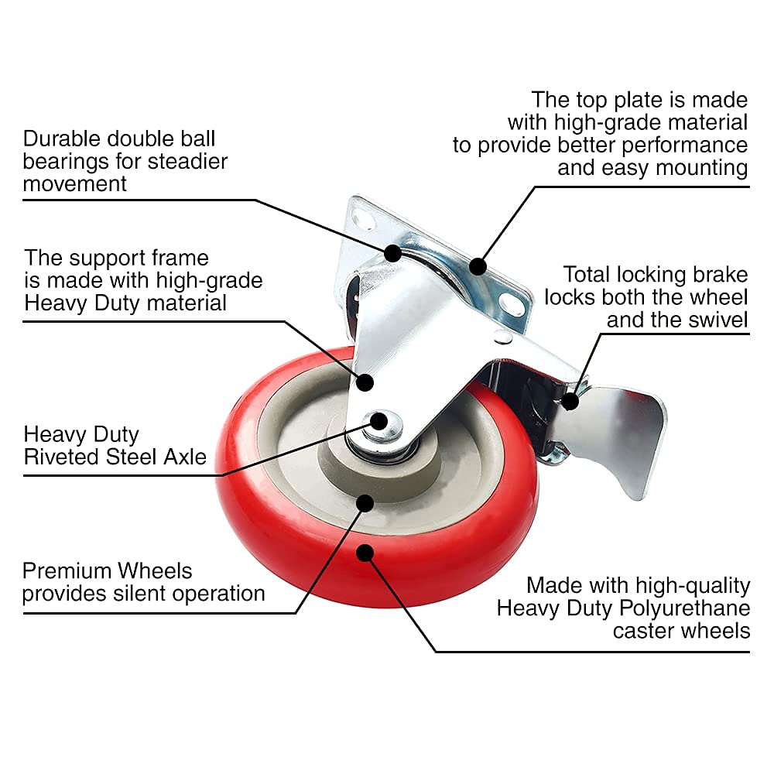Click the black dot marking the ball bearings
(393, 252)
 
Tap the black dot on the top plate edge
(478, 267)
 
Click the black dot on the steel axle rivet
(379, 420)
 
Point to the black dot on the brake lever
(570, 400)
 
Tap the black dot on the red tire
(366, 553)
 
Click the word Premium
(67, 571)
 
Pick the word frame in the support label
(176, 257)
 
